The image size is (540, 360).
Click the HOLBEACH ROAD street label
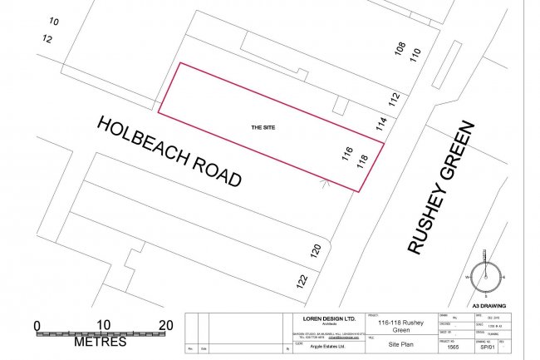169,150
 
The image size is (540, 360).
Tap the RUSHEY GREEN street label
441,186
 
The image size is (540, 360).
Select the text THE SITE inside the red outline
263,127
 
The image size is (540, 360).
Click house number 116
347,154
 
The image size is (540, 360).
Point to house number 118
361,161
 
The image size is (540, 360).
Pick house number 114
381,124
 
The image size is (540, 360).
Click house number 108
400,50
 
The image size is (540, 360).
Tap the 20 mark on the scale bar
165,325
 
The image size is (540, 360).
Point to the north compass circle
488,277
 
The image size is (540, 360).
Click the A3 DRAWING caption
488,306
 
